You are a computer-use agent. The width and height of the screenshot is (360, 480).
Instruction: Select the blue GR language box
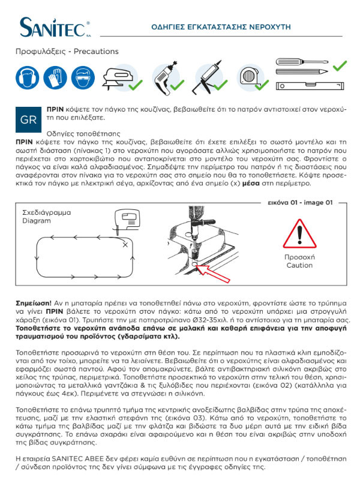pos(28,119)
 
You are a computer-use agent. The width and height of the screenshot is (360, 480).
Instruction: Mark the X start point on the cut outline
pos(124,245)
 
